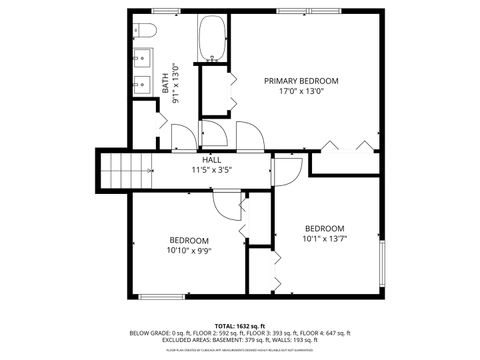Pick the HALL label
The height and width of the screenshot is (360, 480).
212,160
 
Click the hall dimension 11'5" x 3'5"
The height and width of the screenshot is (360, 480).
212,171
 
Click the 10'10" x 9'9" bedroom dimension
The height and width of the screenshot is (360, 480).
188,251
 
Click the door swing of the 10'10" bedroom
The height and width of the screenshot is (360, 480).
229,204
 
